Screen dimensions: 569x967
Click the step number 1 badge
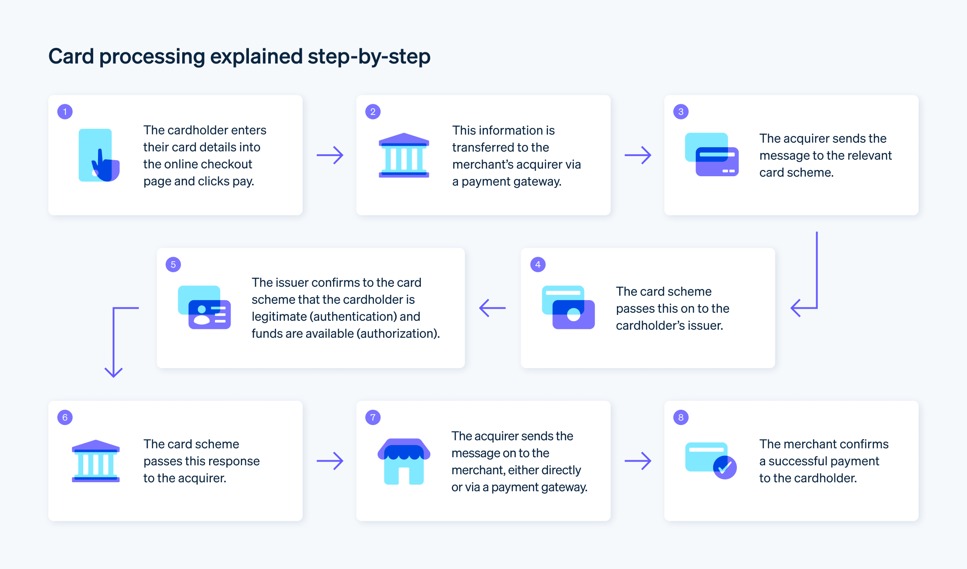[x=65, y=111]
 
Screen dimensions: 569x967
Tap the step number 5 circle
[x=173, y=264]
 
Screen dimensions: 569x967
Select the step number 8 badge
[x=680, y=417]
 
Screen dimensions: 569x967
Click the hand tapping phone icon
[x=99, y=155]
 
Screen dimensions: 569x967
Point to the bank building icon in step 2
[x=404, y=155]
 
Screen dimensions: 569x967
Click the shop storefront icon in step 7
[x=404, y=461]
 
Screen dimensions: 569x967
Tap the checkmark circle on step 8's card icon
[x=725, y=467]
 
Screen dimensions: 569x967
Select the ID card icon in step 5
[x=205, y=307]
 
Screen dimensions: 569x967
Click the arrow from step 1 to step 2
[x=330, y=155]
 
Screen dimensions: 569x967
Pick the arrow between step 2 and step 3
[x=638, y=155]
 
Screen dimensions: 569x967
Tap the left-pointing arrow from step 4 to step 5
[x=492, y=308]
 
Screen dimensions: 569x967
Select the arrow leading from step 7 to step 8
[x=638, y=461]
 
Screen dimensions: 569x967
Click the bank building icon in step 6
[x=96, y=461]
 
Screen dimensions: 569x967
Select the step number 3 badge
[x=680, y=111]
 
